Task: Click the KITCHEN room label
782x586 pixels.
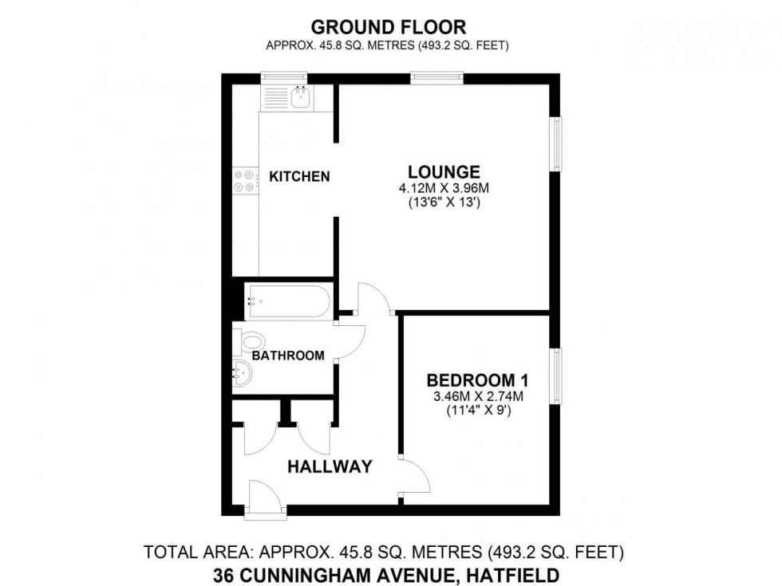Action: tap(299, 176)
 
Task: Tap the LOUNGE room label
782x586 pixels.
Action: tap(444, 172)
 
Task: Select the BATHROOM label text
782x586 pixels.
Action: tap(288, 356)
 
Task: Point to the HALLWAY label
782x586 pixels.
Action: tap(330, 466)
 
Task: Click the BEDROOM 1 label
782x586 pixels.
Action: tap(477, 381)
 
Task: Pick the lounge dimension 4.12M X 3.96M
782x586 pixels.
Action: tap(444, 188)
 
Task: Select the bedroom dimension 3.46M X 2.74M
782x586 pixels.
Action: tap(478, 397)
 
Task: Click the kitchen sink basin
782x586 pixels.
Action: tap(301, 96)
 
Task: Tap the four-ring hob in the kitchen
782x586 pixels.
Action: tap(246, 180)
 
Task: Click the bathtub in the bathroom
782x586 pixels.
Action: tap(286, 301)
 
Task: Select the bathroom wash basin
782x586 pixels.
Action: tap(243, 372)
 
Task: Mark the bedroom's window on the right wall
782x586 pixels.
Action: tap(555, 376)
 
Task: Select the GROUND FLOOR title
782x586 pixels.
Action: tap(389, 26)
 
